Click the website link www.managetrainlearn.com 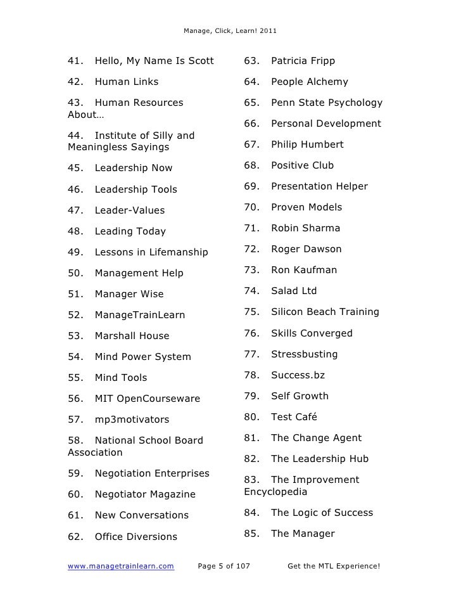click(x=120, y=565)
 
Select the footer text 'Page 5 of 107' click(x=224, y=565)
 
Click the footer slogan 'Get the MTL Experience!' click(x=333, y=565)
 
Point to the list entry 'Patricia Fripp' click(x=303, y=61)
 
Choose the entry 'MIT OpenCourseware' click(x=147, y=399)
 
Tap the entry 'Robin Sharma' click(x=305, y=228)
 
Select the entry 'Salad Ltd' click(x=294, y=291)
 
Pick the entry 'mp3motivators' click(x=132, y=420)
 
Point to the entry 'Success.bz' click(x=298, y=375)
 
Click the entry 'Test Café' click(x=294, y=417)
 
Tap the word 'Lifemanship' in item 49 click(x=178, y=252)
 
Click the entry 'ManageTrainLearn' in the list click(x=140, y=315)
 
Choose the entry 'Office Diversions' click(x=136, y=537)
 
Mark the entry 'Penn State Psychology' click(x=327, y=103)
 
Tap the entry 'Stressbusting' click(x=304, y=354)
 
